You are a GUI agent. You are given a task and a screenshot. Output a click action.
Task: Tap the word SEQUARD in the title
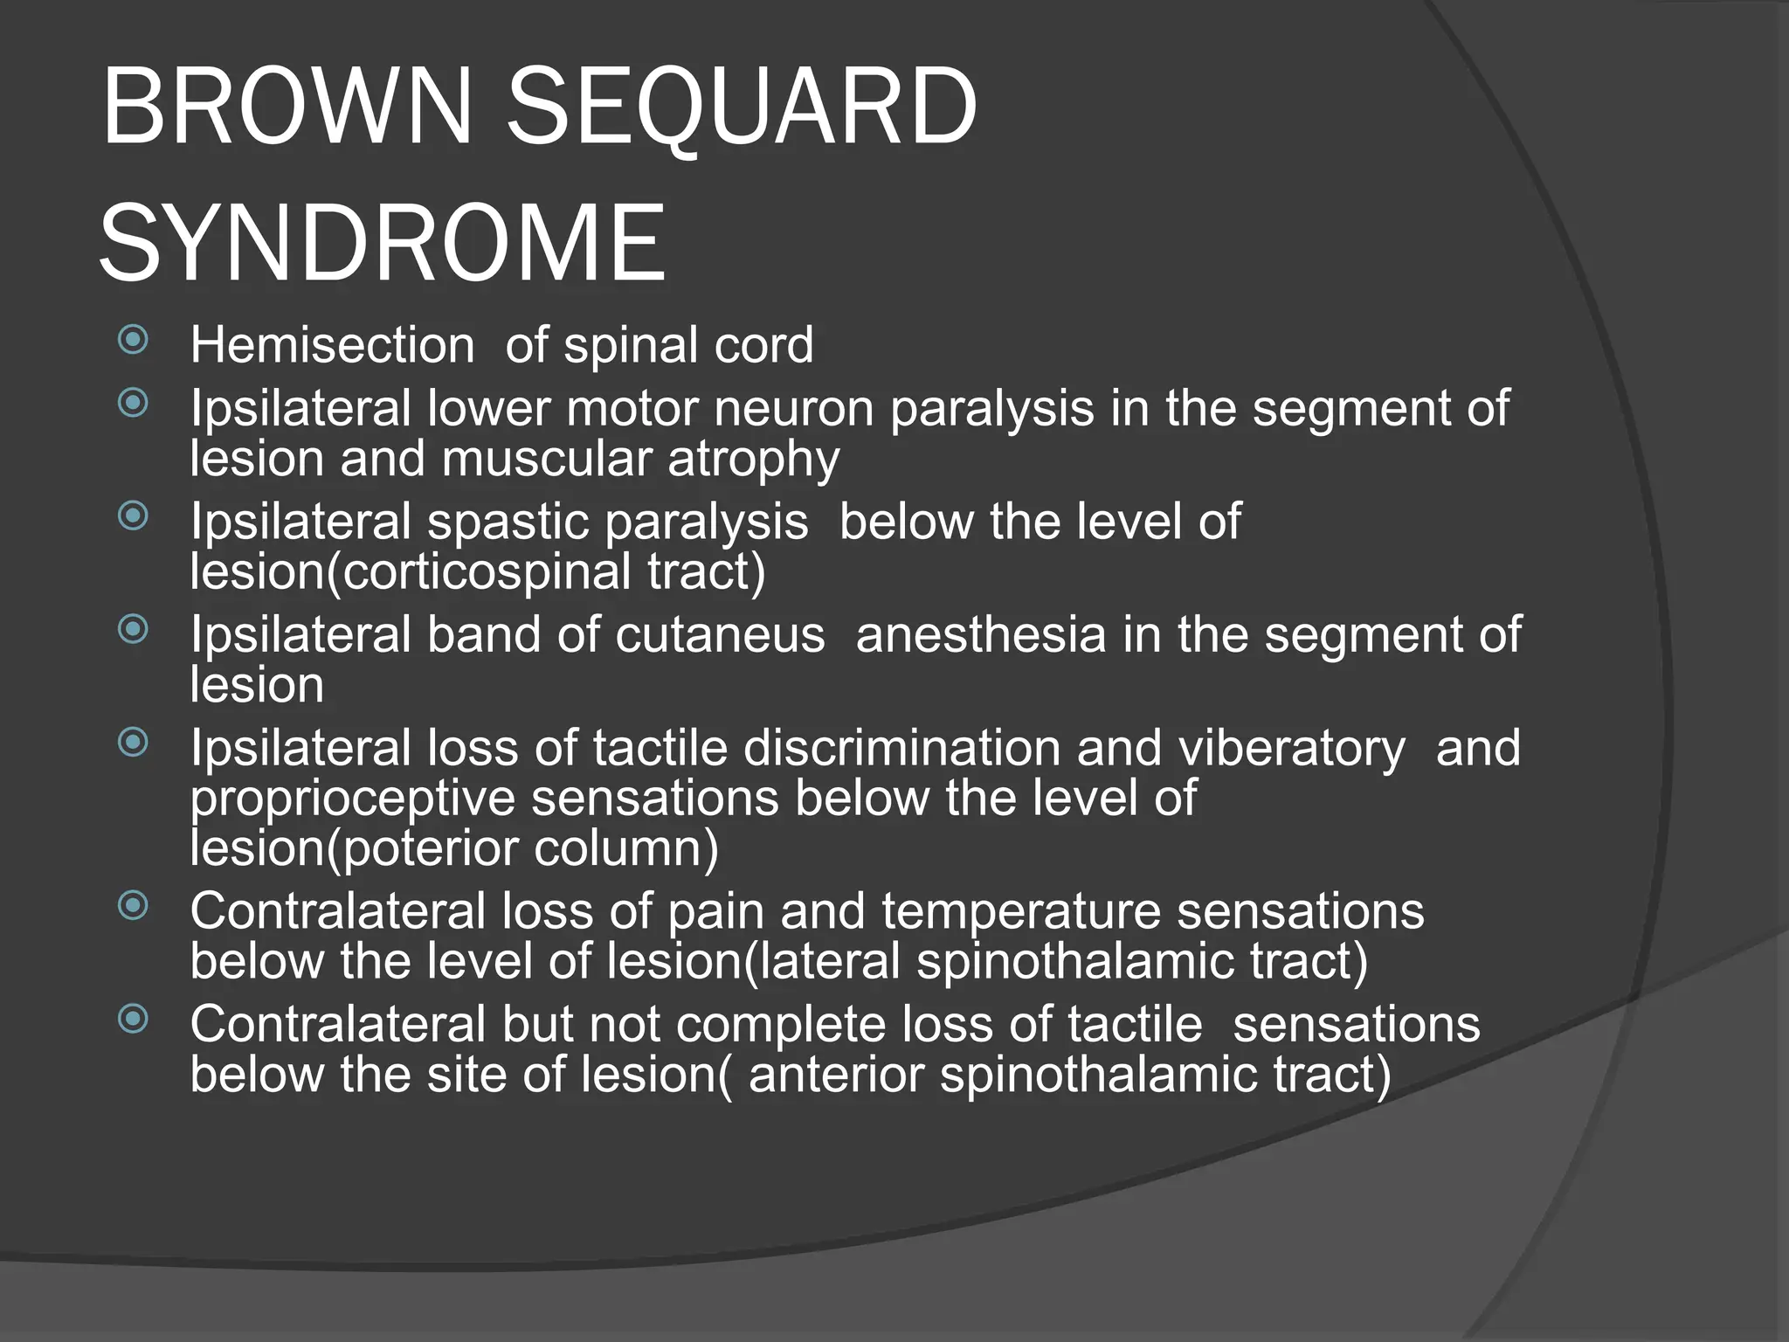742,107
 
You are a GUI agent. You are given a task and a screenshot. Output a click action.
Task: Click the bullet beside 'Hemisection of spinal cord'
133,339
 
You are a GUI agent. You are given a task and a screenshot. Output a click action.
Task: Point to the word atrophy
753,460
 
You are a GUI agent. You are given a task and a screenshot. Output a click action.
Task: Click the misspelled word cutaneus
720,634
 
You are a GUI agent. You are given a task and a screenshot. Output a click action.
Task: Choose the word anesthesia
981,634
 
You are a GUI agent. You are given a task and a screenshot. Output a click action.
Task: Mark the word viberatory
1291,749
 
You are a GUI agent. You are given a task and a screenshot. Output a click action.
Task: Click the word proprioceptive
353,799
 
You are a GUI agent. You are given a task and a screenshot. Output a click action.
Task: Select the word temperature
1020,912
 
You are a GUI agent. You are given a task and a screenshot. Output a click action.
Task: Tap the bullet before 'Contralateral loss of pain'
133,905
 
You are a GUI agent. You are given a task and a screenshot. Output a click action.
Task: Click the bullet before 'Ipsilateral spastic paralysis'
133,515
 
